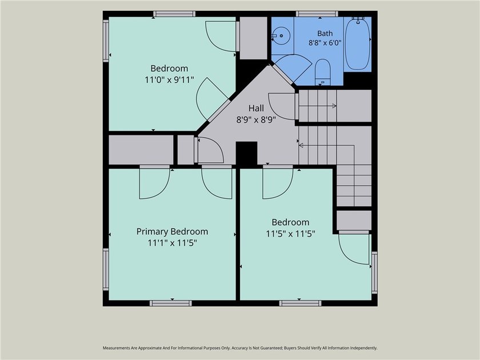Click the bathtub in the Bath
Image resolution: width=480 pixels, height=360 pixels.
click(x=358, y=44)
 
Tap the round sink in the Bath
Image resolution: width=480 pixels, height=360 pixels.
click(x=281, y=36)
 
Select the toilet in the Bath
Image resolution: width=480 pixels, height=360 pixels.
click(x=323, y=72)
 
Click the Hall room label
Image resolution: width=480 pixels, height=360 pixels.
click(x=256, y=108)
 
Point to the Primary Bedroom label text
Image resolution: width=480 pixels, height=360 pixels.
click(x=173, y=232)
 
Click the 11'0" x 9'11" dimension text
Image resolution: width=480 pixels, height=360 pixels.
click(x=169, y=80)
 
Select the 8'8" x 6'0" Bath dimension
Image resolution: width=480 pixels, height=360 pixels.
click(x=325, y=42)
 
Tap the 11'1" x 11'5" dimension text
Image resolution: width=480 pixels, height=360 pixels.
click(x=173, y=243)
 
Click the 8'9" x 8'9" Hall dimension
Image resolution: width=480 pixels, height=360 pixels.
click(x=256, y=119)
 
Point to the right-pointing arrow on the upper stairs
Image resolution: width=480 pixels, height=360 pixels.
click(x=318, y=106)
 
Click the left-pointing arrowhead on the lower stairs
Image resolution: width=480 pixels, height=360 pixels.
click(x=301, y=145)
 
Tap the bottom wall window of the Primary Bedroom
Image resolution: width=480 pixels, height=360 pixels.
click(x=171, y=303)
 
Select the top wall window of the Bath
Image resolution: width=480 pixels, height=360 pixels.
click(x=317, y=14)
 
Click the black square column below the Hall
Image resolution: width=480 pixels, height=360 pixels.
click(x=246, y=154)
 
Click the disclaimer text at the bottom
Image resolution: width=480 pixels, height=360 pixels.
click(x=240, y=348)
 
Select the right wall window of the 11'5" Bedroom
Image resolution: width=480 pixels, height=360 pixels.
click(x=374, y=273)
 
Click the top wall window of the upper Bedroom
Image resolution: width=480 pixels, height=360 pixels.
click(x=174, y=14)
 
